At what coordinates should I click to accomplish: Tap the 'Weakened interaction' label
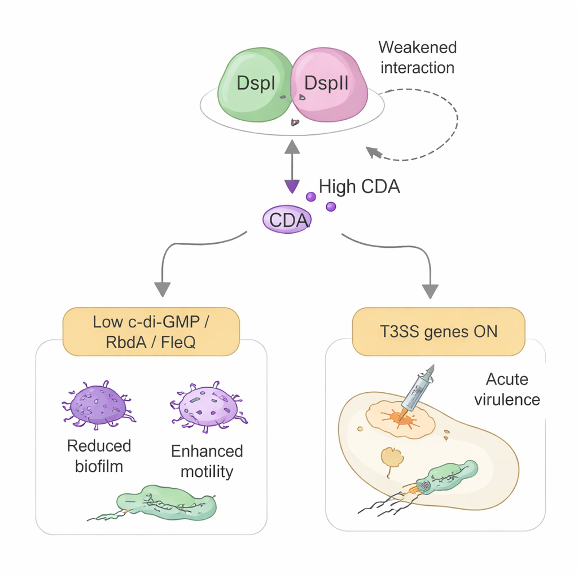coord(417,57)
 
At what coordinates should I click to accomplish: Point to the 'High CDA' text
coord(360,187)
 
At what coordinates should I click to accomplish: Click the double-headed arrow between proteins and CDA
coord(292,166)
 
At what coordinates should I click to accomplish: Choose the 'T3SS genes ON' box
coord(438,331)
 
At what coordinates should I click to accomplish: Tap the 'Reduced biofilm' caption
coord(99,456)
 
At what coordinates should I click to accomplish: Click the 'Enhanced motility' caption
coord(207,461)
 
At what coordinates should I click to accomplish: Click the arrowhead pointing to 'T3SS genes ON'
coord(430,291)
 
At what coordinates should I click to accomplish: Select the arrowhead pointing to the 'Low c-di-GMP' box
coord(162,288)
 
